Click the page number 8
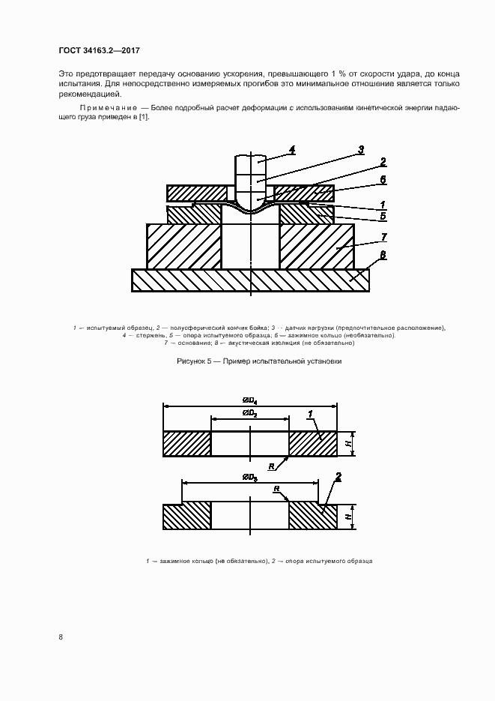[x=61, y=637]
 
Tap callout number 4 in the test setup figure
[x=291, y=148]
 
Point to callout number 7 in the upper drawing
[x=383, y=237]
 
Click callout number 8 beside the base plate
[x=383, y=255]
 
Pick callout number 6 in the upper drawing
[x=383, y=179]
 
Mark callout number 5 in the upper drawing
[x=383, y=217]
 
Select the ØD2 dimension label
[x=249, y=414]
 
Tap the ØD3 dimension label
[x=249, y=477]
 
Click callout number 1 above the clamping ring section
[x=309, y=414]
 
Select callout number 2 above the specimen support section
[x=338, y=477]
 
